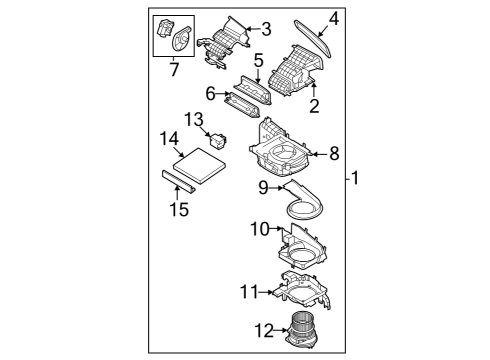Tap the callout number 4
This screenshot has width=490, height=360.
pos(334,17)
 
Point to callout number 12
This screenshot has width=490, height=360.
pos(263,328)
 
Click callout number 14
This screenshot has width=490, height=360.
pos(167,137)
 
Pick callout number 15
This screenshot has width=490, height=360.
pos(178,209)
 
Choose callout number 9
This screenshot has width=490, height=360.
pos(263,187)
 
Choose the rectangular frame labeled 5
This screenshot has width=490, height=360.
pos(256,87)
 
